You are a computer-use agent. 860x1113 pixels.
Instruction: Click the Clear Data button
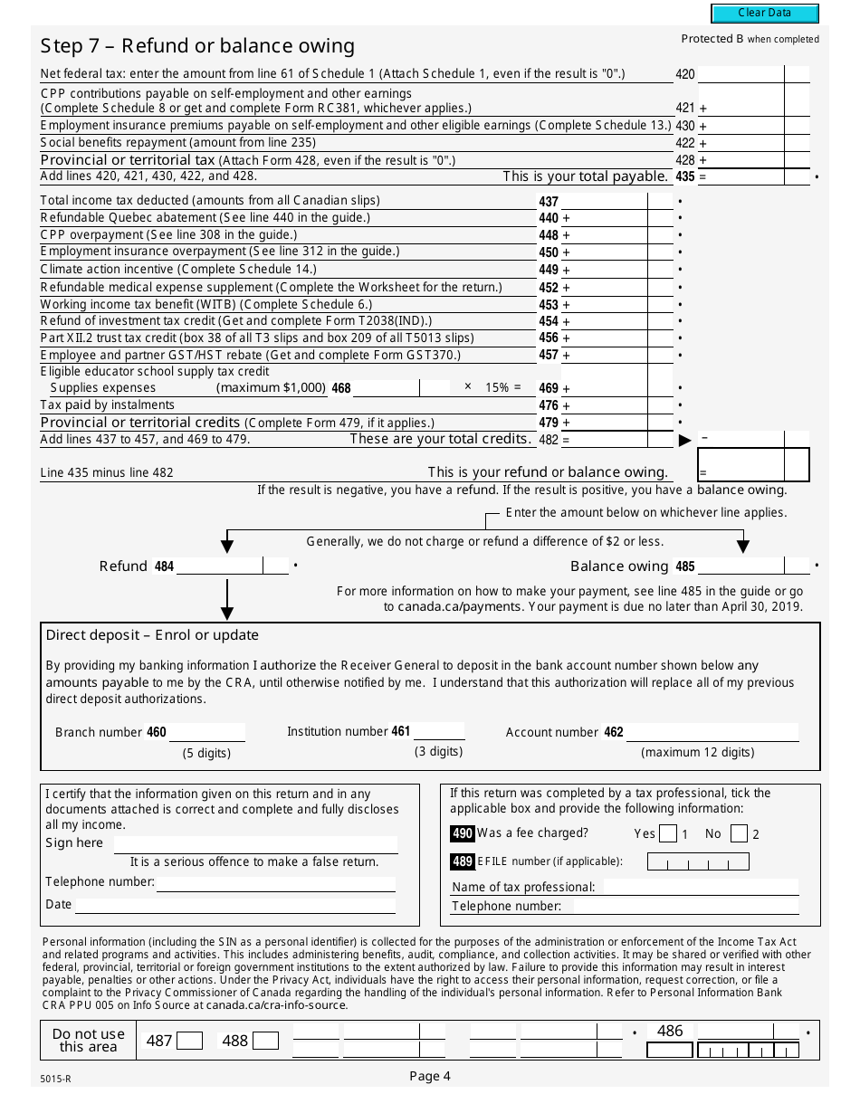tap(765, 14)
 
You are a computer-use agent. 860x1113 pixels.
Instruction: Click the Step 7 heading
tap(197, 46)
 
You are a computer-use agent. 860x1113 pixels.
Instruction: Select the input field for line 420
tap(741, 75)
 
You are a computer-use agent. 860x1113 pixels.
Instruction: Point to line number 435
tap(685, 177)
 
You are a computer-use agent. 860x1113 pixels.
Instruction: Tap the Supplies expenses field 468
tap(386, 388)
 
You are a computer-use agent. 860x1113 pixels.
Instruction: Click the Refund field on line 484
tap(219, 566)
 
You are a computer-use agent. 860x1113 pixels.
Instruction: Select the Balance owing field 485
tap(741, 566)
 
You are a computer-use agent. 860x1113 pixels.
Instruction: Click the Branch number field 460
tap(207, 732)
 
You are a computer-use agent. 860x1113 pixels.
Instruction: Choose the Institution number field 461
tap(439, 731)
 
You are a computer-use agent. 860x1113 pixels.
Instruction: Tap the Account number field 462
tap(712, 732)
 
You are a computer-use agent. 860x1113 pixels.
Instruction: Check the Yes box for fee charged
tap(668, 833)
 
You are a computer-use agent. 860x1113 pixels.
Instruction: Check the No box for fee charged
tap(739, 833)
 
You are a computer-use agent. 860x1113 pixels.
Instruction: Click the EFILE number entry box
tap(698, 861)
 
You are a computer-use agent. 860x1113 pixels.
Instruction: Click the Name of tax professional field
tap(701, 887)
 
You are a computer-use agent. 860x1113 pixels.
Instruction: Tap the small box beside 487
tap(189, 1042)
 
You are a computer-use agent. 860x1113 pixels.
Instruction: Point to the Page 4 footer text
tap(429, 1076)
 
